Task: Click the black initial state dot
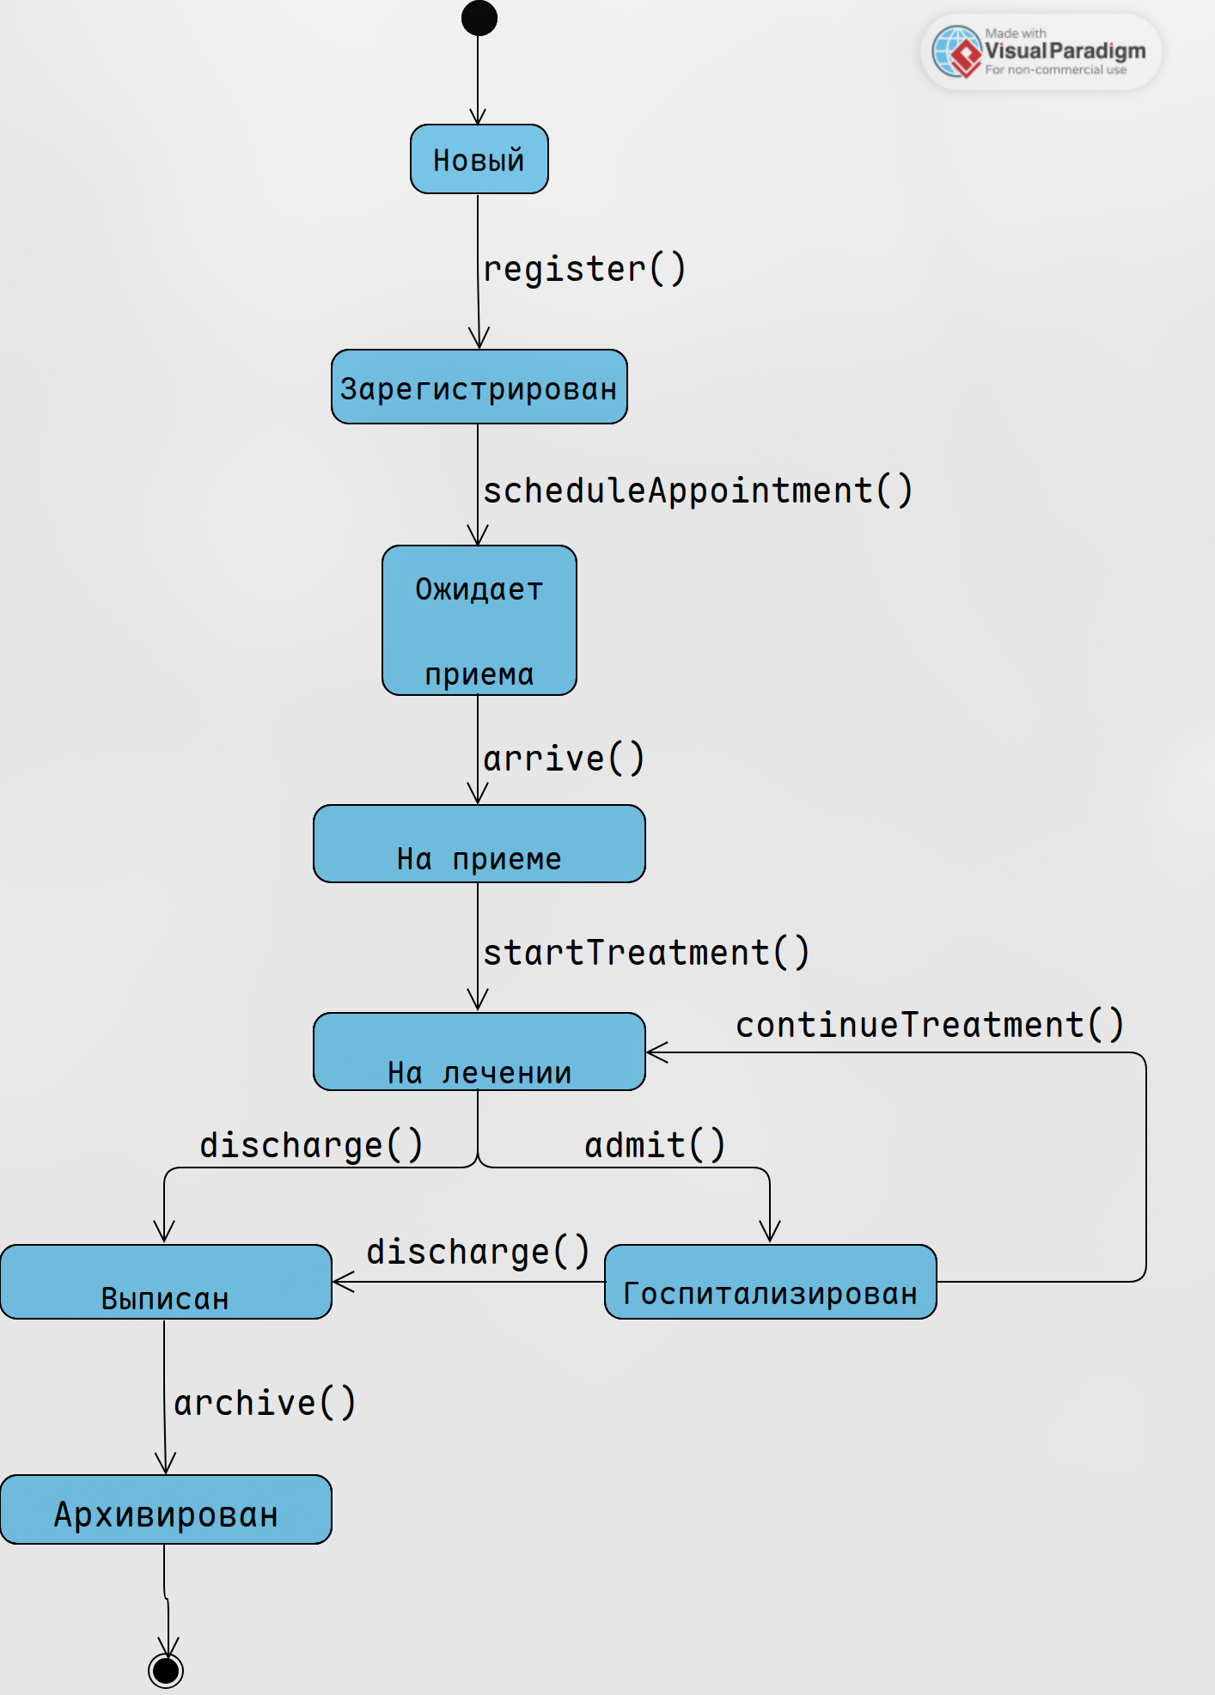(479, 18)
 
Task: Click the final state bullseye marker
(166, 1671)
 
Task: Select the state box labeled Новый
(479, 159)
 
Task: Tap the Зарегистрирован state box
(479, 387)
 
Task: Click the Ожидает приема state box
(479, 620)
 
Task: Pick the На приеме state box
(479, 844)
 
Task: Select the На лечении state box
(479, 1052)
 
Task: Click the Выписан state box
(166, 1282)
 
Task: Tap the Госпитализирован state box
(770, 1282)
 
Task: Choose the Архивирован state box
(166, 1509)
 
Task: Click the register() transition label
(584, 269)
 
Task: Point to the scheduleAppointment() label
(697, 491)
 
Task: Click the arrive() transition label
(564, 759)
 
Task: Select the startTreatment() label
(646, 953)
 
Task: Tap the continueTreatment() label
(930, 1025)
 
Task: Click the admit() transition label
(655, 1145)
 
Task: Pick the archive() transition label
(265, 1403)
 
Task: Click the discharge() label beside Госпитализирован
(478, 1252)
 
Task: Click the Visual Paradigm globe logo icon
(956, 52)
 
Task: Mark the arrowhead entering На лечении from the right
(656, 1052)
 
